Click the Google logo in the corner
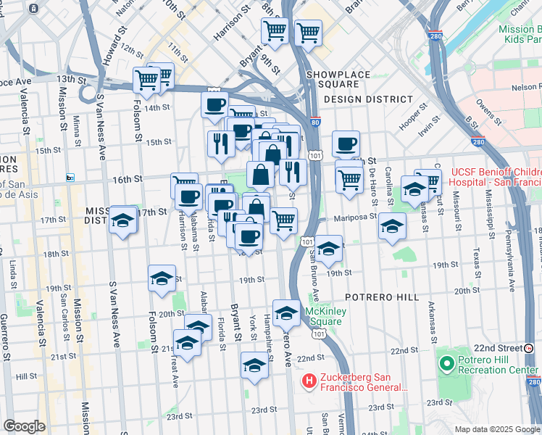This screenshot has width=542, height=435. click(25, 426)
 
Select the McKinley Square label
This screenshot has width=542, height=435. click(322, 316)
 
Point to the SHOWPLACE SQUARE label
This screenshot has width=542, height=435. click(338, 75)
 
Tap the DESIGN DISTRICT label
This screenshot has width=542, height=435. click(368, 99)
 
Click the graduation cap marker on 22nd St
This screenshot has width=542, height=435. click(254, 366)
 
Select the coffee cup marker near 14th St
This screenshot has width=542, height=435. click(214, 104)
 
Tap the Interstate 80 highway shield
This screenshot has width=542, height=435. click(313, 123)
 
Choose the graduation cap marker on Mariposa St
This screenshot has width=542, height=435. click(392, 226)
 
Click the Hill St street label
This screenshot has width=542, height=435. click(26, 376)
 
